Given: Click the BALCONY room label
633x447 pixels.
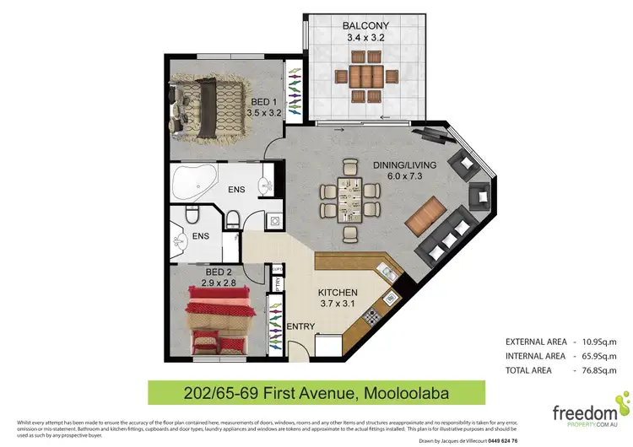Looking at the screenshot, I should click(365, 26).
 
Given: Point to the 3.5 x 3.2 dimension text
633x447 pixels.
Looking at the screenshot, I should click(263, 111).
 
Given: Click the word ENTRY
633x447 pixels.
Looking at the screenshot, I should click(300, 326).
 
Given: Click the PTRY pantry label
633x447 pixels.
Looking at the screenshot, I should click(276, 284).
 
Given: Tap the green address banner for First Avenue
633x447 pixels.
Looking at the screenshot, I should click(316, 392).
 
